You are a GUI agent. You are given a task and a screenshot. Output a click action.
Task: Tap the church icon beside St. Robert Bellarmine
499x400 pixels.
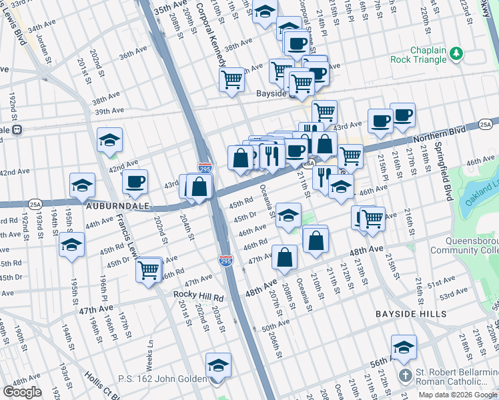406,375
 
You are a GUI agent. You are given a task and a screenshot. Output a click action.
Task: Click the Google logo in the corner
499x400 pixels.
22,392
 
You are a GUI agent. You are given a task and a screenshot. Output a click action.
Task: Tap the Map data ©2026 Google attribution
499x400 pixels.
458,395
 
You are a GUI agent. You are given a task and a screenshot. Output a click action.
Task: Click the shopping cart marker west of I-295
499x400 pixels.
148,270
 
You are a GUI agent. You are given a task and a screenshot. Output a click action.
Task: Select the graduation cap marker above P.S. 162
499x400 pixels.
218,365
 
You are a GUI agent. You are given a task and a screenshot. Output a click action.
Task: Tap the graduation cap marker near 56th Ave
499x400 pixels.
404,347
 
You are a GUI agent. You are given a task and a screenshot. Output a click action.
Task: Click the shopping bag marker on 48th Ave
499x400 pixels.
285,257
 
